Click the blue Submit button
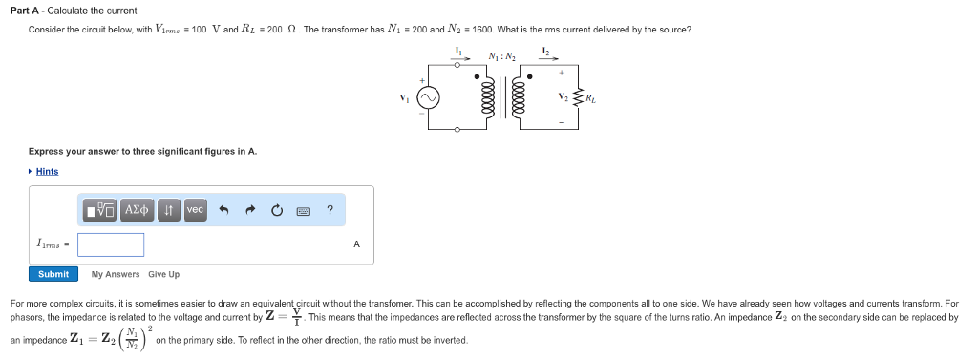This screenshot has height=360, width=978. tap(53, 274)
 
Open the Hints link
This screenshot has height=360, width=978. tap(47, 172)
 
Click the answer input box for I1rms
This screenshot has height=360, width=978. tap(111, 244)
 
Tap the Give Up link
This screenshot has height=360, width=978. tap(163, 275)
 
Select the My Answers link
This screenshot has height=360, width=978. tap(116, 275)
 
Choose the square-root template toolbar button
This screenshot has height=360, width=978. tap(101, 210)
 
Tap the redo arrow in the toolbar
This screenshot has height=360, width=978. tap(250, 210)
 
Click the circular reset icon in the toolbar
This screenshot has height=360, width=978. tap(277, 210)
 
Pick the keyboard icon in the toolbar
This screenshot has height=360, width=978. tap(303, 210)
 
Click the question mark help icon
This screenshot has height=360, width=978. tap(330, 210)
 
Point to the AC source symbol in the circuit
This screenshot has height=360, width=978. tap(430, 98)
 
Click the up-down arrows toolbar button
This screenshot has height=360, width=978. tap(169, 210)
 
